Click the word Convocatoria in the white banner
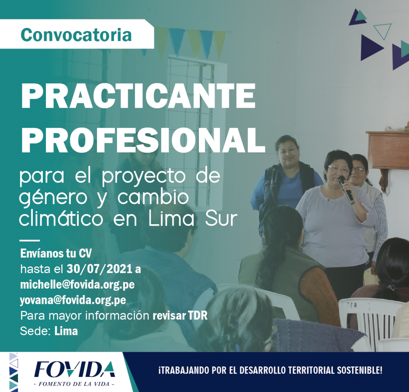(76, 35)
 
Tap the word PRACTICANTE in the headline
(138, 97)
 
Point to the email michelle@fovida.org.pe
(77, 285)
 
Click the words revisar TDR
(180, 316)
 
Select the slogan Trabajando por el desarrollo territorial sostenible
(270, 370)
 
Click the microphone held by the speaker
(346, 190)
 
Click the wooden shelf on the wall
(387, 150)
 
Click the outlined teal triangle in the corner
(383, 30)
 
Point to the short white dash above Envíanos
(30, 240)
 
